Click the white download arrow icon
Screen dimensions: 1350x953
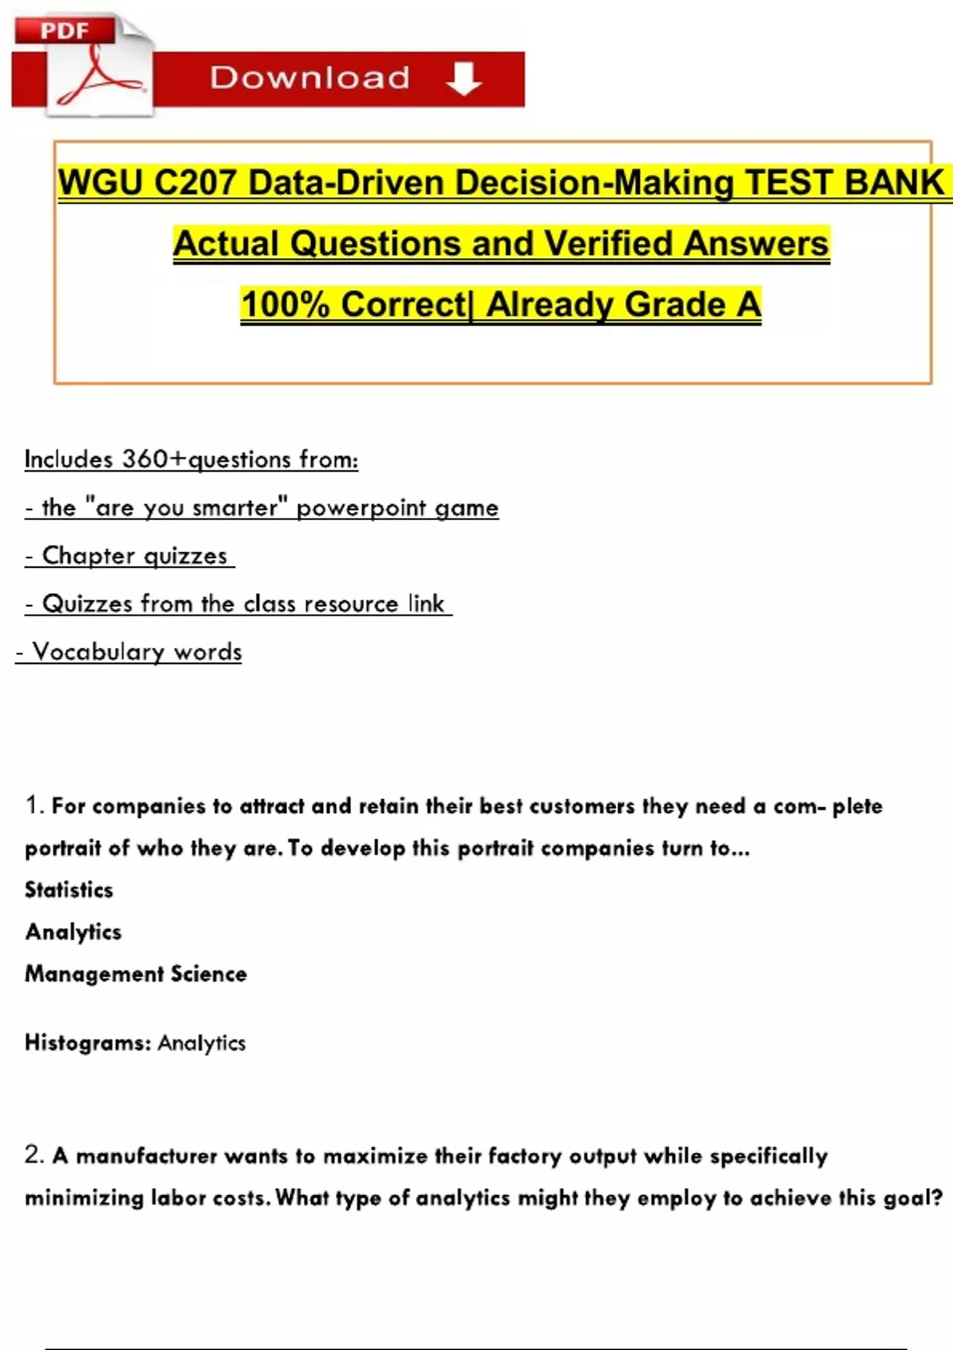pos(464,79)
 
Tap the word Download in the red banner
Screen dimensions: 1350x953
pos(310,78)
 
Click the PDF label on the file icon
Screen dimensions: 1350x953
pos(64,31)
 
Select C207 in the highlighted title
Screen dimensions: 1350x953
pos(195,183)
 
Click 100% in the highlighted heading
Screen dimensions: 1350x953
pos(285,305)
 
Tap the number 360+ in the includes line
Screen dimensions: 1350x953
pos(154,459)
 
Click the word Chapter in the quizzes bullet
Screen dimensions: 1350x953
pos(89,555)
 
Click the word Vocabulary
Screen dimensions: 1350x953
pos(98,652)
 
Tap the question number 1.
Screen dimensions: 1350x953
pos(33,805)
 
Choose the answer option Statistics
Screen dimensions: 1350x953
pos(69,889)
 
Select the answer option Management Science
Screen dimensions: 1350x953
pos(136,974)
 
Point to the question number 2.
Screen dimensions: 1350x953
pos(33,1155)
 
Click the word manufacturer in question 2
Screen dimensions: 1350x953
pos(146,1156)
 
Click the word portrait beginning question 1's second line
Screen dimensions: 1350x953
pos(63,848)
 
